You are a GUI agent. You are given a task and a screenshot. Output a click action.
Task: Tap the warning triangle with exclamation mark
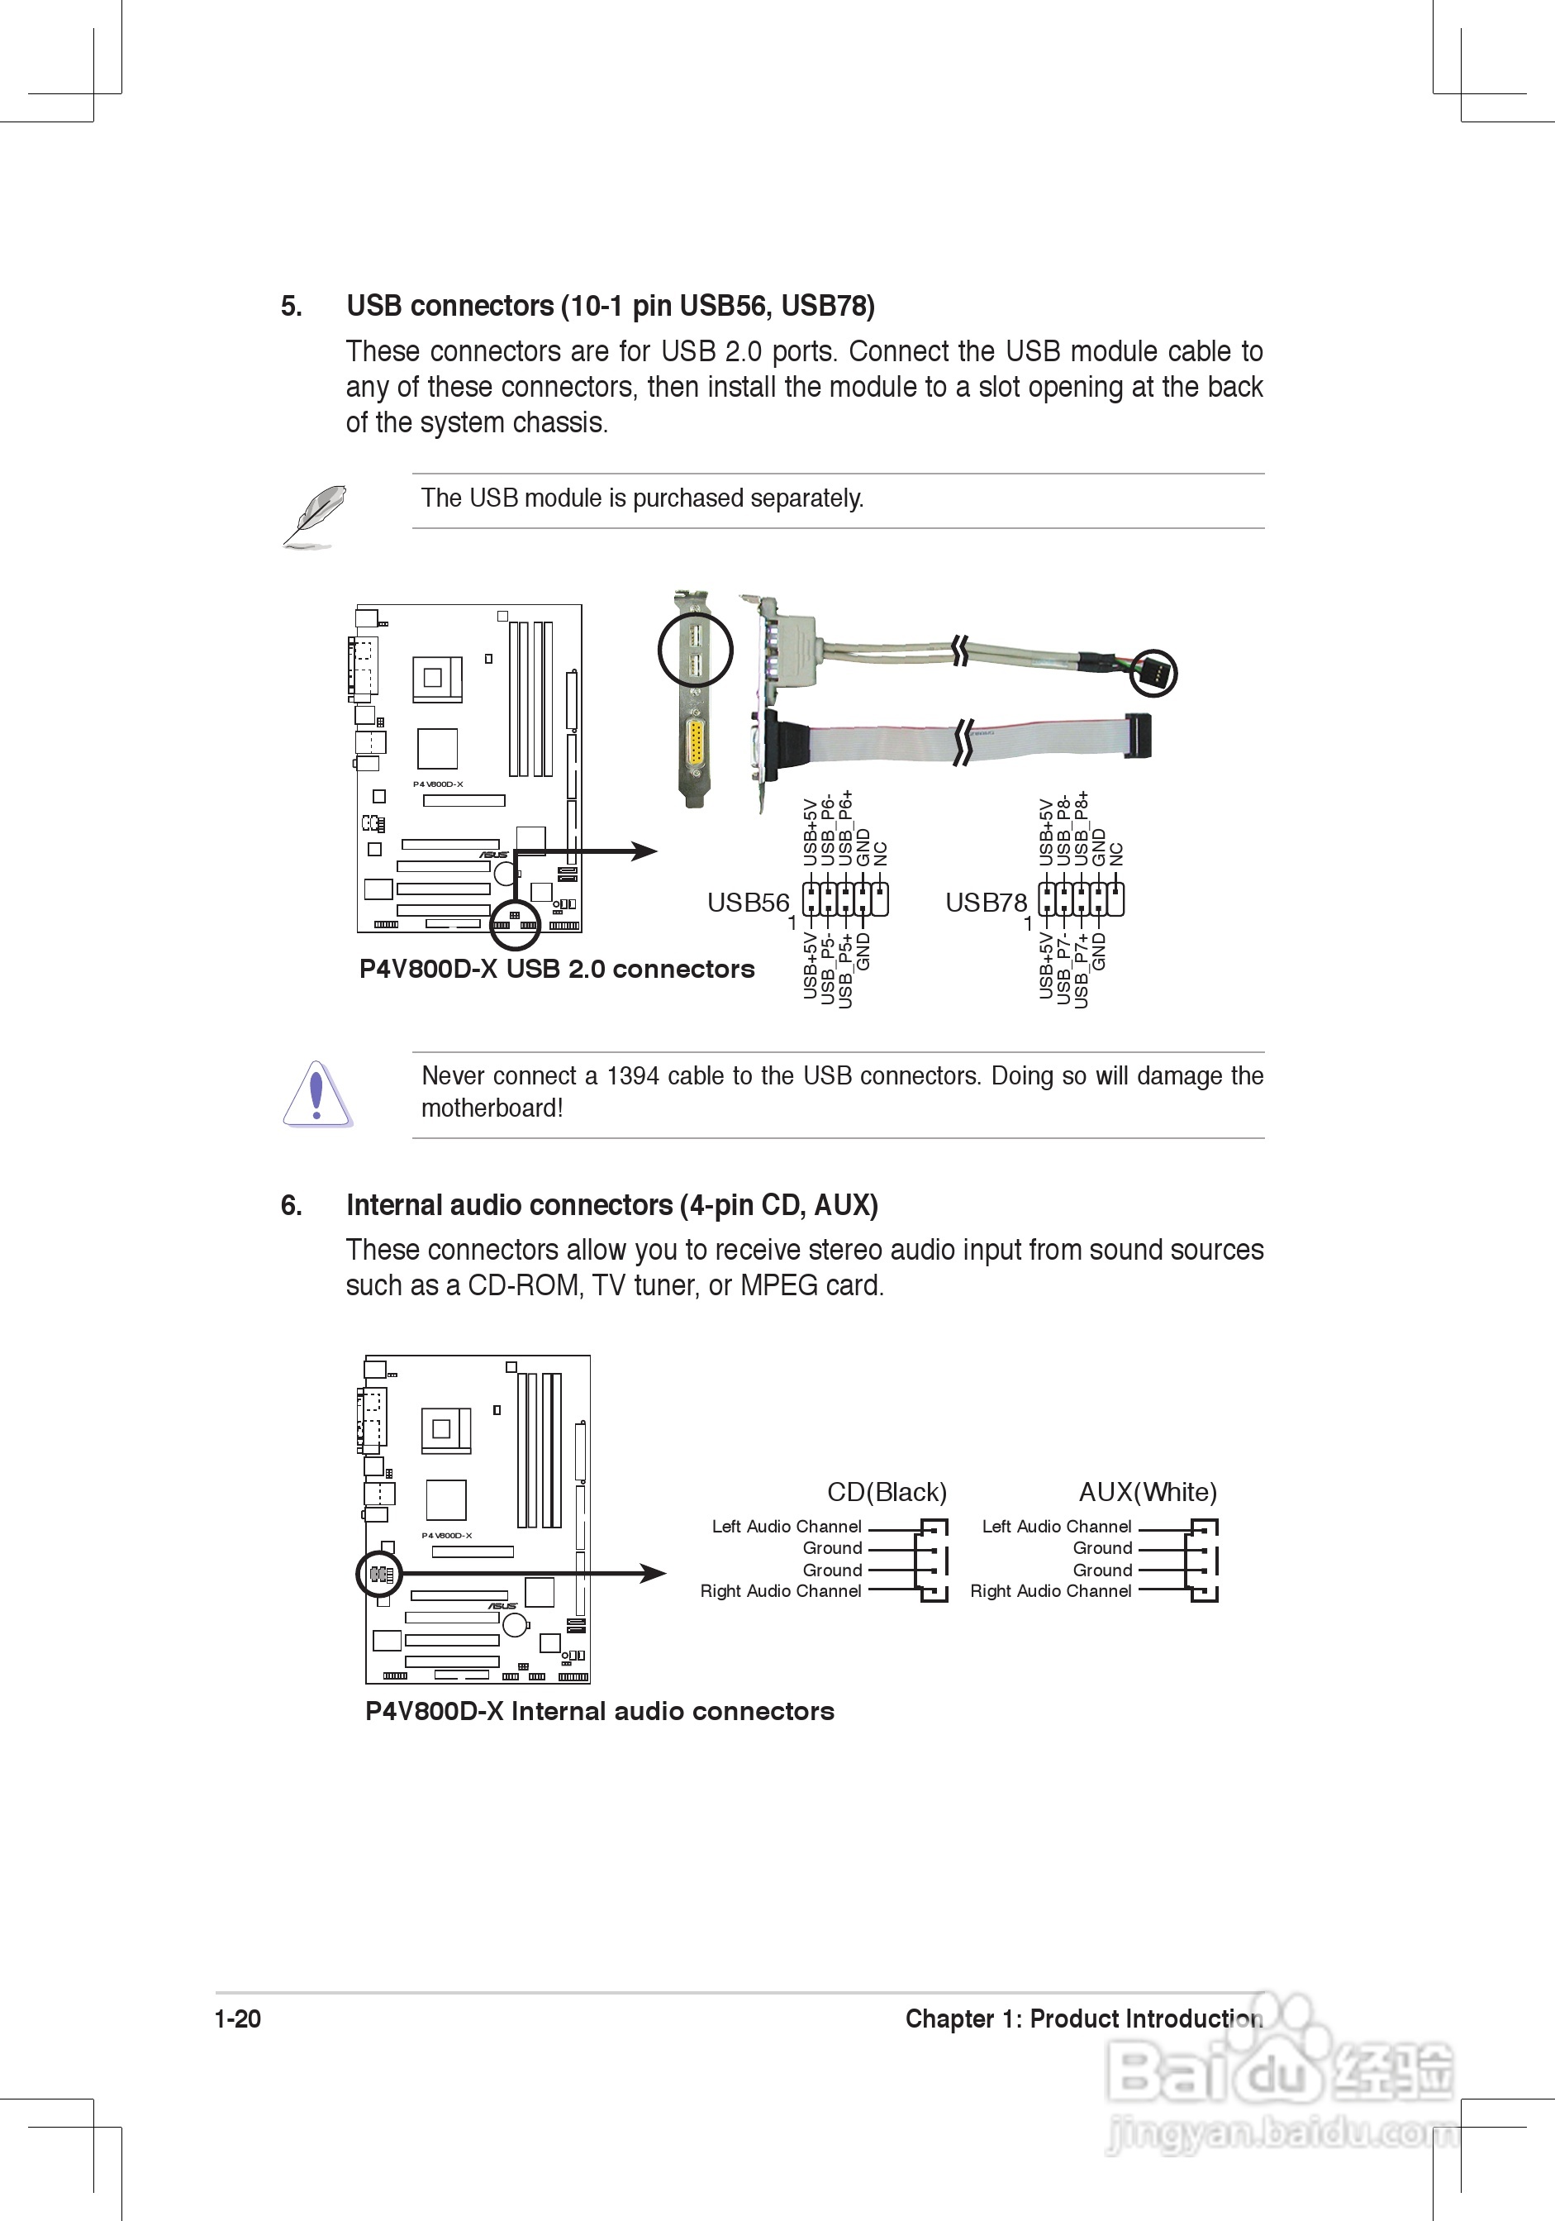click(x=316, y=1094)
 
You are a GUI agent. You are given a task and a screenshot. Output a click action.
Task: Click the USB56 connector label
click(x=748, y=903)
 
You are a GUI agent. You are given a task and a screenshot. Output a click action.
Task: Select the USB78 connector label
click(x=986, y=903)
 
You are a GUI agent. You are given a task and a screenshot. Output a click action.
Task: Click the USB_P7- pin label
click(x=1063, y=968)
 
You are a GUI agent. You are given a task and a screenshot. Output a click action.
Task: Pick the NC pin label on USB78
click(x=1116, y=854)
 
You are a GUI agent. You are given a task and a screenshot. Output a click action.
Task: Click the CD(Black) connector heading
click(x=887, y=1492)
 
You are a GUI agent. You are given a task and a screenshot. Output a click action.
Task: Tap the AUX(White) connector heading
click(x=1148, y=1492)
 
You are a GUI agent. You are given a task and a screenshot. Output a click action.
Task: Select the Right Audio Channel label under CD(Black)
click(x=781, y=1591)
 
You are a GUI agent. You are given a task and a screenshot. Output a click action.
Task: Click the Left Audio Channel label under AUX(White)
click(x=1056, y=1527)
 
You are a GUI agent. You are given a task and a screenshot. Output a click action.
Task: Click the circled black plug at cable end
click(x=1153, y=672)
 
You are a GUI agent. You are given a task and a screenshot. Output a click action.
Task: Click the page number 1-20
click(x=238, y=2018)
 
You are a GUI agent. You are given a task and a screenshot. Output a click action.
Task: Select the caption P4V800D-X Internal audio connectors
click(x=600, y=1711)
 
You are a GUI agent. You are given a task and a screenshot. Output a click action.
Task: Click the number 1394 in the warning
click(x=632, y=1077)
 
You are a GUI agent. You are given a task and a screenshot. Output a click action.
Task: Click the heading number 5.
click(x=291, y=307)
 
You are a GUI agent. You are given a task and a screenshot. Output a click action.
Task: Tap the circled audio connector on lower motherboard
click(x=379, y=1574)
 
